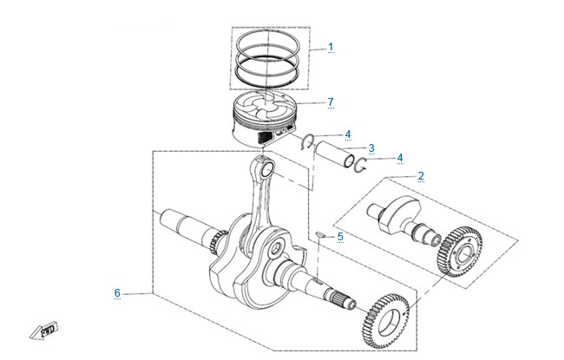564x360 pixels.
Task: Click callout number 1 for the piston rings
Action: point(331,47)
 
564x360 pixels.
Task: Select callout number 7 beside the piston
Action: point(331,102)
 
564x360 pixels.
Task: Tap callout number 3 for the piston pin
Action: point(371,147)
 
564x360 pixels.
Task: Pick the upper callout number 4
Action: point(348,134)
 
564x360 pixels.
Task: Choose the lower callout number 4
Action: point(400,158)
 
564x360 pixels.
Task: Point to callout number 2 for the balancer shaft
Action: point(421,176)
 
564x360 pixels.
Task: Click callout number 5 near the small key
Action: point(340,237)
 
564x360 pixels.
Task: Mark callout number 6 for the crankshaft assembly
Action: point(117,292)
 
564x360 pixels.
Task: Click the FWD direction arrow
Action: point(43,331)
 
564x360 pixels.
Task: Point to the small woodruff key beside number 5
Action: point(320,234)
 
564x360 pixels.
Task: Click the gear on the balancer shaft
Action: point(459,252)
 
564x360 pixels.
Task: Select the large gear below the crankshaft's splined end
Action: point(385,321)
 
